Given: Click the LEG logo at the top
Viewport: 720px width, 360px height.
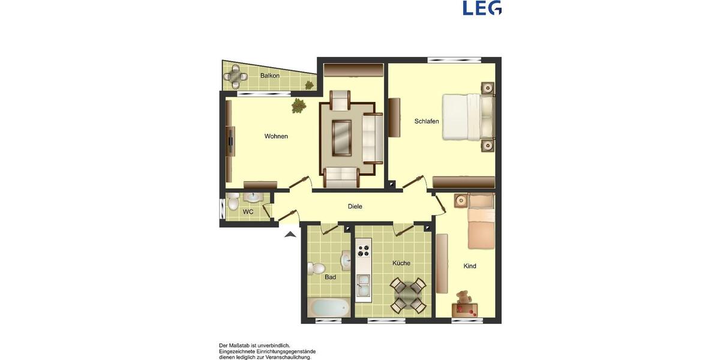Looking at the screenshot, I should click(482, 8).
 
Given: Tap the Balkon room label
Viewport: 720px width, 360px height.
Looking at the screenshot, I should click(270, 76).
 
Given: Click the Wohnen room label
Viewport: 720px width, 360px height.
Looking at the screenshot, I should click(276, 136).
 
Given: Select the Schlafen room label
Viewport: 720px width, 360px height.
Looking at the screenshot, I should click(427, 121).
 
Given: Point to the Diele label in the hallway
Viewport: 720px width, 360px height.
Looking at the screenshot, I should click(355, 206).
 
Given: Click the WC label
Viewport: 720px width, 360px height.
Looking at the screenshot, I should click(248, 212).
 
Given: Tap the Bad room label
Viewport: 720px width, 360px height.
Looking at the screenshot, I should click(330, 277).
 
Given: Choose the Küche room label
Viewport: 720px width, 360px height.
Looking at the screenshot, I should click(401, 263).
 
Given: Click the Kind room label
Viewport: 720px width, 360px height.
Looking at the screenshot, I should click(470, 266).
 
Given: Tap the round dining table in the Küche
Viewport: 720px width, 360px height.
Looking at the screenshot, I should click(408, 295).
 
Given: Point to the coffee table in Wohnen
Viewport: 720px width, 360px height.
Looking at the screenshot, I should click(341, 137).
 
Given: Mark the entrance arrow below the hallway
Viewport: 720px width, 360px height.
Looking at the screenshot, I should click(290, 235).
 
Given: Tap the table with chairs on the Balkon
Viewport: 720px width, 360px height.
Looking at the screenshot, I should click(236, 76).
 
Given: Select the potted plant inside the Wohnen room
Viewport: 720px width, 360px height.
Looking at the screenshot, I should click(298, 107).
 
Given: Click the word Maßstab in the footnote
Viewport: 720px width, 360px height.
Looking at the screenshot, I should click(241, 346).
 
